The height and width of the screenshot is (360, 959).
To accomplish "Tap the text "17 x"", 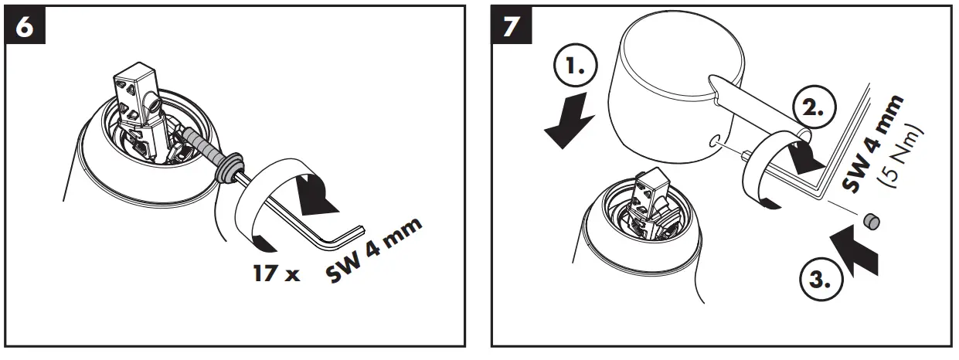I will pos(276,273).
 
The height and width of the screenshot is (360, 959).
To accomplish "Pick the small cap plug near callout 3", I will pos(872,222).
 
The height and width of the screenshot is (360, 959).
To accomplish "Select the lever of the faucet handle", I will pos(750,108).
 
